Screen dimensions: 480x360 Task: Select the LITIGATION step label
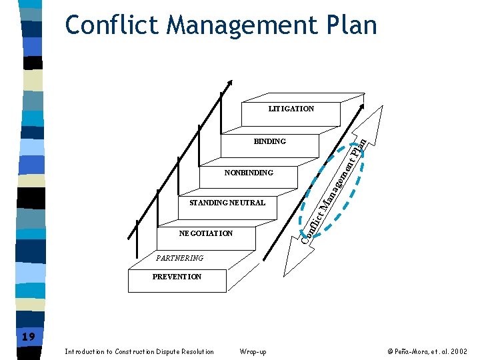point(291,109)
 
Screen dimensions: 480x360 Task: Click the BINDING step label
point(269,141)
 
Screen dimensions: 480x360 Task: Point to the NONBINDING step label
point(249,173)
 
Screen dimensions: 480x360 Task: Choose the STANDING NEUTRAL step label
point(227,203)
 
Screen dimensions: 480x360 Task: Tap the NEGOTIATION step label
point(206,233)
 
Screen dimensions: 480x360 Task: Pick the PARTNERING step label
point(179,258)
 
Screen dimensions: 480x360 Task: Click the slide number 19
point(28,337)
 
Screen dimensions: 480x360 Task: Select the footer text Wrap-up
point(252,351)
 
